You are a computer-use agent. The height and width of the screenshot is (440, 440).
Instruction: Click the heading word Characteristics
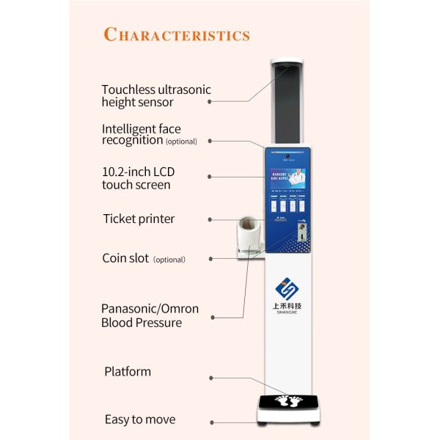pos(177,34)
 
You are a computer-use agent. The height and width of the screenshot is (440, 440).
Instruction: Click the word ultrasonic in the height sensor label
pos(183,89)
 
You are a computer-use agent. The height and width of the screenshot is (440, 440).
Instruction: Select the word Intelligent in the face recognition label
pos(130,128)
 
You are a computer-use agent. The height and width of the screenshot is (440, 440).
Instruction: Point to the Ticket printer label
pos(139,219)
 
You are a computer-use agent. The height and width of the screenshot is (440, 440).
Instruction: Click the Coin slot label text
pos(125,258)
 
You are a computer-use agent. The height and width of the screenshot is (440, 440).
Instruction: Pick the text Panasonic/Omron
pos(150,309)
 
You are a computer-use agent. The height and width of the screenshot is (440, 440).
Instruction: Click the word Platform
pos(128,371)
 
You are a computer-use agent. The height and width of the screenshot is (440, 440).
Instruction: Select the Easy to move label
pos(139,419)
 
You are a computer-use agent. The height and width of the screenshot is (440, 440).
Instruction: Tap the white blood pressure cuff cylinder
pos(248,234)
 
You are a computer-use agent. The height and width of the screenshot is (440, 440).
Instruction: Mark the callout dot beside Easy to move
pos(212,422)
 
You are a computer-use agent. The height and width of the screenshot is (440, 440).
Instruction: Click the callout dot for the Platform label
pos(211,378)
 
